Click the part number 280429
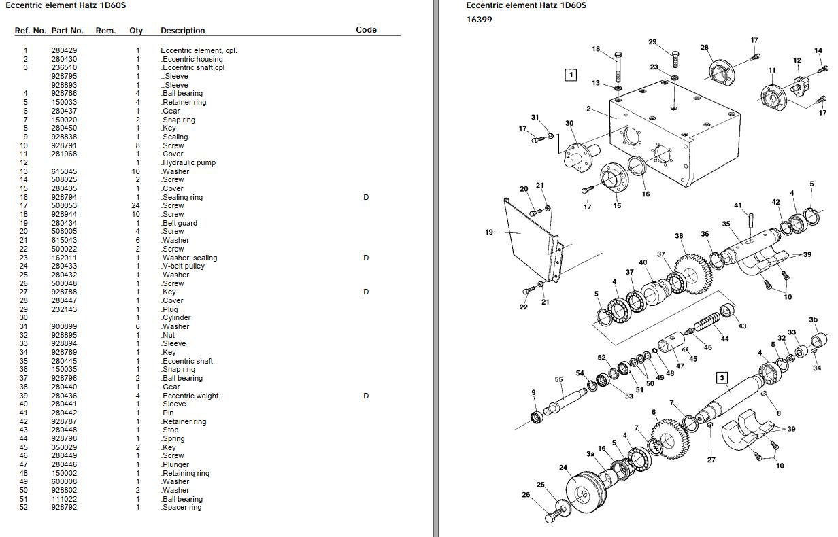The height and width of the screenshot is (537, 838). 64,50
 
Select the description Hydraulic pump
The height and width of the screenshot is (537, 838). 188,162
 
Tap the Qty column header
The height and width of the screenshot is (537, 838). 136,31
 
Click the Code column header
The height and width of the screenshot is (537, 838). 366,30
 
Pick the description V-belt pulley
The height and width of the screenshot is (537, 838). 183,266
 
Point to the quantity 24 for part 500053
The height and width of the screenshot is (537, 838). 137,205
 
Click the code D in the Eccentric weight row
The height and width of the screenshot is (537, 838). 366,396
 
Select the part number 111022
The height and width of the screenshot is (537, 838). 64,499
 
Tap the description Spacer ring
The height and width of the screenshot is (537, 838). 182,507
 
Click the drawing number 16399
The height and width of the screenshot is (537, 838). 479,20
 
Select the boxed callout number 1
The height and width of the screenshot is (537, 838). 571,75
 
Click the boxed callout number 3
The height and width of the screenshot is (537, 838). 722,378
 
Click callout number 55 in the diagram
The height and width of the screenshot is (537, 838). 558,380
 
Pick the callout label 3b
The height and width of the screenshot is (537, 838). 813,319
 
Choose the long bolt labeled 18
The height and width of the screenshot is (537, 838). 617,68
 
